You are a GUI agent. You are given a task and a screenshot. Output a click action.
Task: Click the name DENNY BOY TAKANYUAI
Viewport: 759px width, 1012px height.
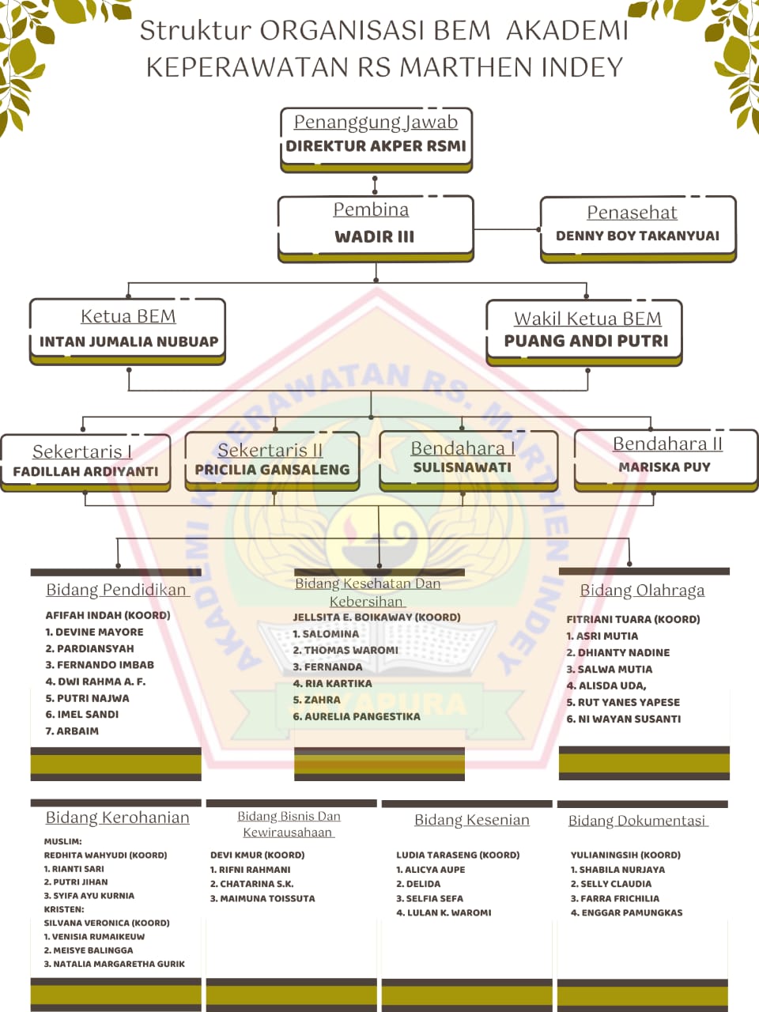coord(637,236)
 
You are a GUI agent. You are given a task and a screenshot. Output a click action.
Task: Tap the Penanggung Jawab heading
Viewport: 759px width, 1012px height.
coord(376,122)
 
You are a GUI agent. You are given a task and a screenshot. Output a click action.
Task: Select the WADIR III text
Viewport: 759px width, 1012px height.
coord(374,236)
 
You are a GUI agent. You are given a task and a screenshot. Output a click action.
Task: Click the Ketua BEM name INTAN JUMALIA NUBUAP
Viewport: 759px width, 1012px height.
coord(129,342)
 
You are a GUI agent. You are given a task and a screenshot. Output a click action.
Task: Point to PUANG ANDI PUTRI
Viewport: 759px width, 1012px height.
coord(586,341)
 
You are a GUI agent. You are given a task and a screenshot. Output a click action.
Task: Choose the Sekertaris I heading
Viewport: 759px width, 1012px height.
coord(82,451)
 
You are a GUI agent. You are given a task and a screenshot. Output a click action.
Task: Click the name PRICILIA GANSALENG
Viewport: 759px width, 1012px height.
coord(272,470)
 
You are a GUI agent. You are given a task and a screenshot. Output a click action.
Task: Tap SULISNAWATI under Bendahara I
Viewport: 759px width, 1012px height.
coord(462,467)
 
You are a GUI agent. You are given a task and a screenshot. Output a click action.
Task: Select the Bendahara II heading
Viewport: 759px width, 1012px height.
coord(667,444)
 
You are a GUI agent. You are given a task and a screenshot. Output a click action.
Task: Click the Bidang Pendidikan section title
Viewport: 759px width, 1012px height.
coord(116,590)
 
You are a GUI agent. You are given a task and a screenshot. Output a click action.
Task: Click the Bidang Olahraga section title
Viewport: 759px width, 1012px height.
coord(642,591)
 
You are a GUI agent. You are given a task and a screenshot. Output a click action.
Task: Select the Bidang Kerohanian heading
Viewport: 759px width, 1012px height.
coord(117,818)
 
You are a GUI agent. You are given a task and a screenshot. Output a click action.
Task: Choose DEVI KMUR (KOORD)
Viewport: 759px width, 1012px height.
coord(257,855)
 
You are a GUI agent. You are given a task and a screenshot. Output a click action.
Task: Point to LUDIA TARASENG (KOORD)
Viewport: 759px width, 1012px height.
coord(458,855)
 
